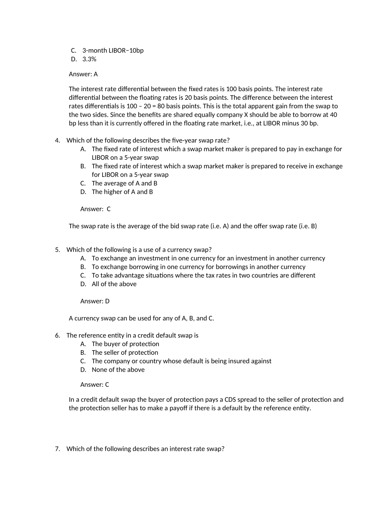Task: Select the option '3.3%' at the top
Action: pyautogui.click(x=89, y=59)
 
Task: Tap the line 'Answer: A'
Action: pyautogui.click(x=83, y=74)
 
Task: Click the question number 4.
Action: pyautogui.click(x=57, y=140)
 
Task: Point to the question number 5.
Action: pyautogui.click(x=57, y=250)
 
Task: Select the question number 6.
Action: pyautogui.click(x=57, y=335)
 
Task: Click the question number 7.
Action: pyautogui.click(x=57, y=449)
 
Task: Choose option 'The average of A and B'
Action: pyautogui.click(x=124, y=183)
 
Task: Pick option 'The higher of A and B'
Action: pyautogui.click(x=122, y=192)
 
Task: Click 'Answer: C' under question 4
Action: pyautogui.click(x=95, y=209)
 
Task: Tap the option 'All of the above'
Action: pyautogui.click(x=114, y=284)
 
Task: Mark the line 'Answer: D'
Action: pyautogui.click(x=95, y=301)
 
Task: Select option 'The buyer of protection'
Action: pyautogui.click(x=125, y=344)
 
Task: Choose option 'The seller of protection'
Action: pyautogui.click(x=125, y=353)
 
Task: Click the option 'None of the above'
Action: pyautogui.click(x=118, y=370)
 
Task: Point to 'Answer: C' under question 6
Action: pyautogui.click(x=95, y=385)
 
